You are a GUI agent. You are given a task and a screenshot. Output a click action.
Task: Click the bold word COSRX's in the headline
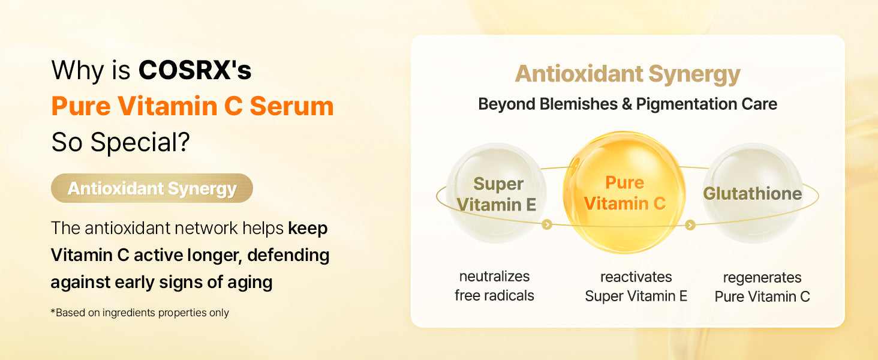(195, 70)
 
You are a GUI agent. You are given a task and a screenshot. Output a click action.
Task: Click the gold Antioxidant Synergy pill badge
(152, 188)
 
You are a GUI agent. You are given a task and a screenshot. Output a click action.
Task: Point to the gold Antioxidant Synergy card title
(627, 74)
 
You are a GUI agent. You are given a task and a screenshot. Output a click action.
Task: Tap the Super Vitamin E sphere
(496, 193)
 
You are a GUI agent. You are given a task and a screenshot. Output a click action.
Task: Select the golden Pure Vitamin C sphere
(624, 192)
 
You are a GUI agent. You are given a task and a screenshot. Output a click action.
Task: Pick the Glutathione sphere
(753, 193)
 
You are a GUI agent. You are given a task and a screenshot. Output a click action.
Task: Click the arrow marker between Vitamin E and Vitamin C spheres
(547, 224)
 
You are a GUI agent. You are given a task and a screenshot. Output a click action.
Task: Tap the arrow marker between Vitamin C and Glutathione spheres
(690, 225)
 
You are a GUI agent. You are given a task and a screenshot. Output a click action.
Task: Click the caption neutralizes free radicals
(494, 286)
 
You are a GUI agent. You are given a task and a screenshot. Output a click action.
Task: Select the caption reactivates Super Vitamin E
(636, 286)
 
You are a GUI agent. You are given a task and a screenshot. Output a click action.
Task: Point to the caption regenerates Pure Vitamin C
(762, 287)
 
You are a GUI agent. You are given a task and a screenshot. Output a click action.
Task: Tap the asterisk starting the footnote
(53, 311)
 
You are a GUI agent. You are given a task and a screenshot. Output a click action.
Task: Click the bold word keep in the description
(308, 228)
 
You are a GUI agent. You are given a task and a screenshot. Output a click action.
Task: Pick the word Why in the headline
(77, 71)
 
